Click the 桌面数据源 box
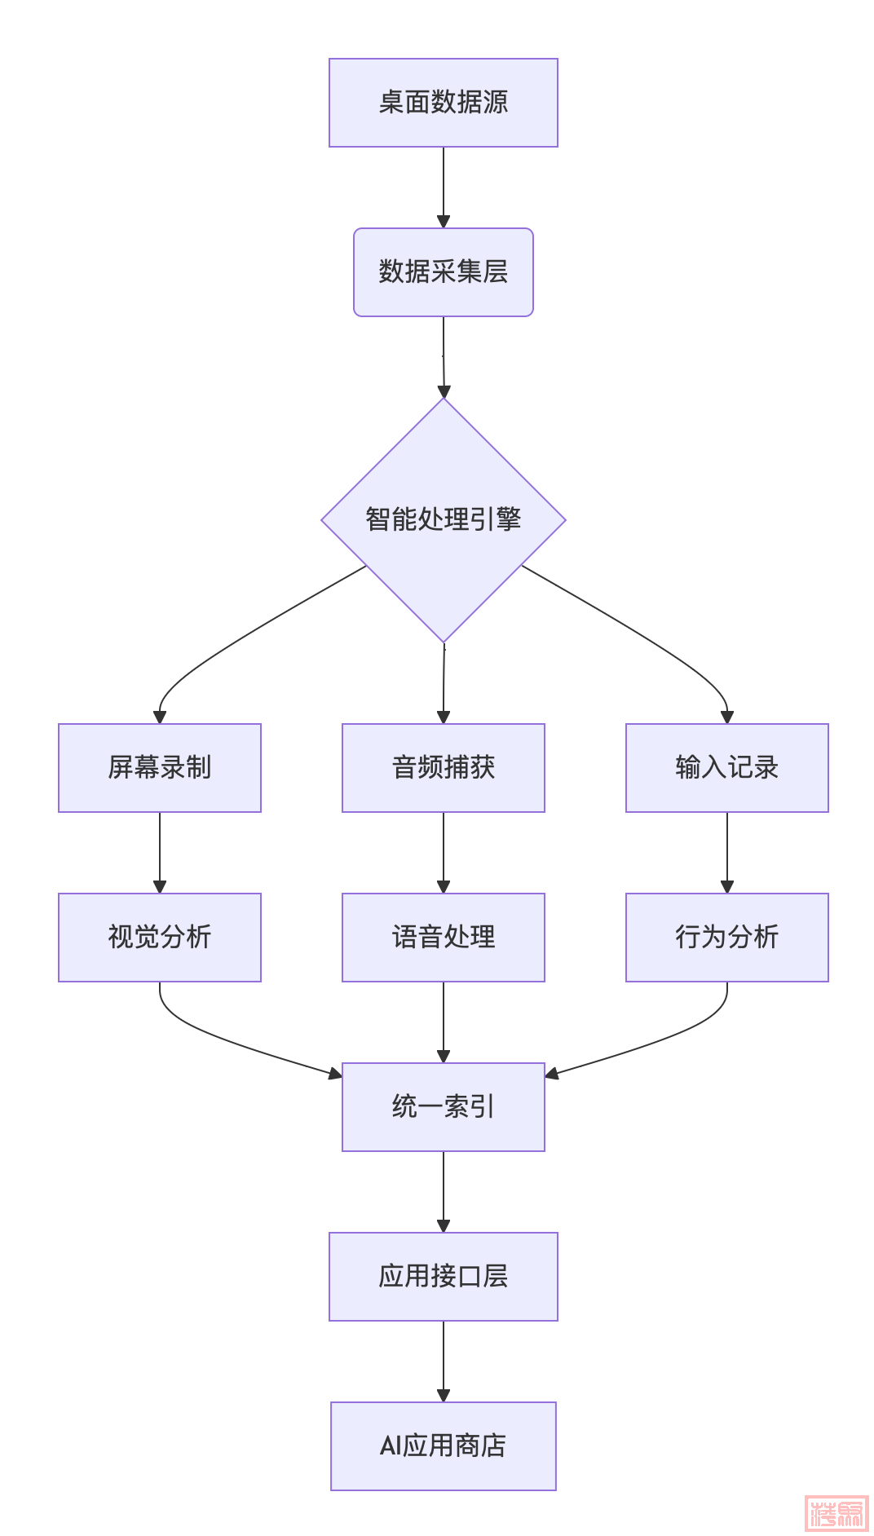[x=443, y=103]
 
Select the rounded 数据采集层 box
[x=443, y=272]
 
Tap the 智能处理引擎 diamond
[x=443, y=519]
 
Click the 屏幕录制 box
[x=160, y=768]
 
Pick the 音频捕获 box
[x=443, y=768]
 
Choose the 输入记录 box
[x=726, y=768]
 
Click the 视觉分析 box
[x=160, y=938]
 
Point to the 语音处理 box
[x=443, y=938]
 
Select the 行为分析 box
[x=726, y=938]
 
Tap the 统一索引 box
[x=443, y=1107]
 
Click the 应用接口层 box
[x=443, y=1277]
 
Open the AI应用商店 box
[x=443, y=1446]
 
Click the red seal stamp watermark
[x=836, y=1513]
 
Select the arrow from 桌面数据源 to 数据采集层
[x=443, y=188]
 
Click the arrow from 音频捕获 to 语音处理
[x=443, y=852]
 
